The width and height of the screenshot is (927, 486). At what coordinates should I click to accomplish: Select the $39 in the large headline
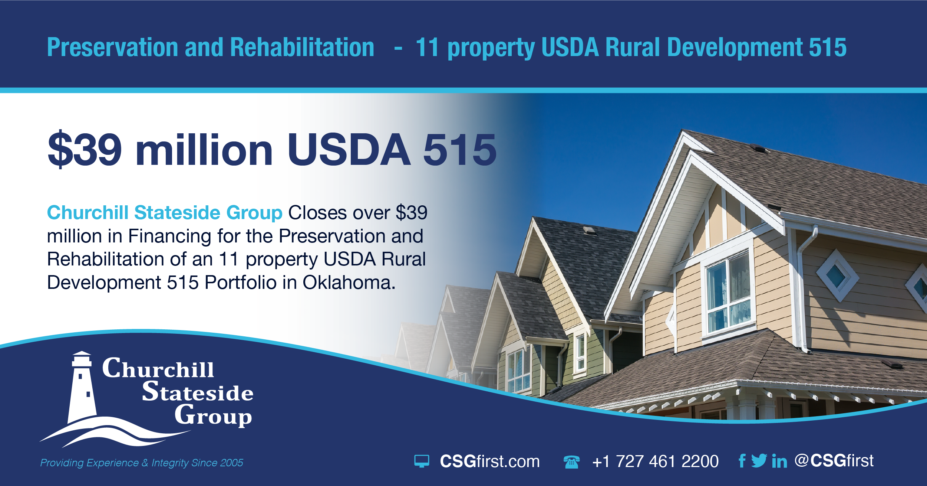tap(85, 149)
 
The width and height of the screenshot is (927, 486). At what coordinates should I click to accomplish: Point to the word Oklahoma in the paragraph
tap(349, 283)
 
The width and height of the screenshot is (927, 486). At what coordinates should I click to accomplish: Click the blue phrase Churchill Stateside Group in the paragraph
tap(165, 213)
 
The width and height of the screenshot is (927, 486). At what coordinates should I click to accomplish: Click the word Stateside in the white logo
tap(198, 392)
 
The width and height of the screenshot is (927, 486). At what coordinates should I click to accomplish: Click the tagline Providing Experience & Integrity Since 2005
tap(142, 463)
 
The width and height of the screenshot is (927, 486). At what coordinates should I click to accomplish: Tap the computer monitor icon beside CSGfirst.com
tap(422, 461)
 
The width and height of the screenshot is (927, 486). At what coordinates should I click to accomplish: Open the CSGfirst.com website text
tap(489, 461)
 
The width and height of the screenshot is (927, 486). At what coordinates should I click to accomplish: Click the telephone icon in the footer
tap(571, 462)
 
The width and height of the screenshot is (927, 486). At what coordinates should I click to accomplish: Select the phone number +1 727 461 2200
tap(655, 461)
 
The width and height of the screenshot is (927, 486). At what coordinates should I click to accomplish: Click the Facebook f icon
tap(742, 461)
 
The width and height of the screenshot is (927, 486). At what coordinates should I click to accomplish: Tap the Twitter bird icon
tap(759, 461)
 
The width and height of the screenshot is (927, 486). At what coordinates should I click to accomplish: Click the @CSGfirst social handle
tap(834, 461)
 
